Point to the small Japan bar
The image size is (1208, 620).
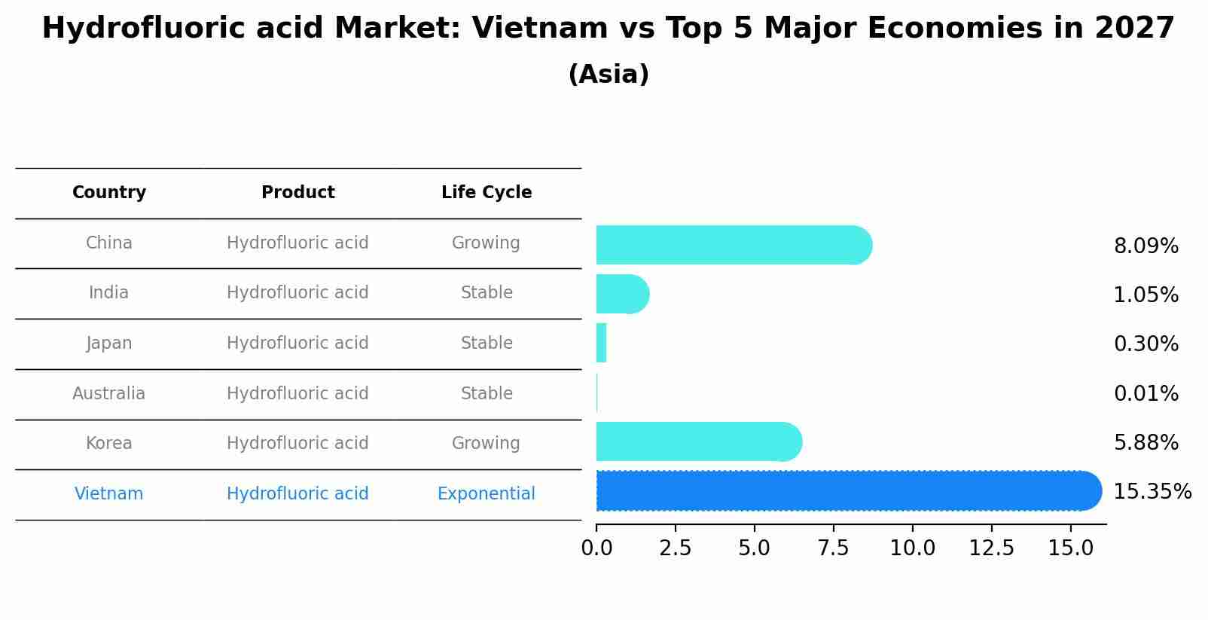coord(601,343)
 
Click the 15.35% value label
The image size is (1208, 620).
coord(1152,492)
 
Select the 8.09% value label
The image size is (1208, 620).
coord(1145,246)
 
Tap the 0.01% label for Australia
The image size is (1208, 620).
coord(1145,393)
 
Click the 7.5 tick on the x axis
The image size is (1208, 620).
coord(833,548)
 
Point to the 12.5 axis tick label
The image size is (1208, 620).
coord(991,548)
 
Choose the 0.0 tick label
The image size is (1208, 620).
coord(596,548)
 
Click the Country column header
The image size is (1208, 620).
coord(109,193)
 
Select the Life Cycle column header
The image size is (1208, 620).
coord(487,193)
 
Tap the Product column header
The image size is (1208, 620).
coord(297,193)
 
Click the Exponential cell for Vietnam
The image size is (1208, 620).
coord(486,494)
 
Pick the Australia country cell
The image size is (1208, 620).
coord(109,393)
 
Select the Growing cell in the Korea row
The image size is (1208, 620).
coord(486,443)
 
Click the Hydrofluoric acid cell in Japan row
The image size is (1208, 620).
coord(297,344)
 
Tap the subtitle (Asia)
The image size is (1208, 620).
coord(609,75)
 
